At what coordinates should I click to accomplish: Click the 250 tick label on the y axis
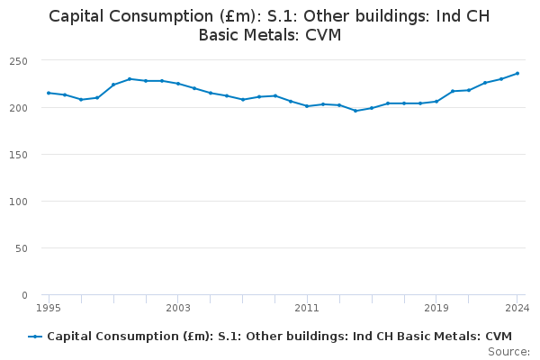(x=18, y=61)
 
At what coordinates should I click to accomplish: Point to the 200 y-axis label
(x=18, y=108)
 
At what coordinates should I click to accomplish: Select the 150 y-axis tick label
(x=18, y=155)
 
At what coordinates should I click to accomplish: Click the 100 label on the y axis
(x=18, y=202)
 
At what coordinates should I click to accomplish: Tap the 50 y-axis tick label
(x=22, y=248)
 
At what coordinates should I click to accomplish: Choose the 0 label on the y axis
(x=24, y=295)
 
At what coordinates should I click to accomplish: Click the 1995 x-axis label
(x=49, y=308)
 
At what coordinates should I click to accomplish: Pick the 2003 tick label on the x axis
(x=177, y=308)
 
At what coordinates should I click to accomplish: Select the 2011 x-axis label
(x=307, y=308)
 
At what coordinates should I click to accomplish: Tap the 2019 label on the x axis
(x=436, y=308)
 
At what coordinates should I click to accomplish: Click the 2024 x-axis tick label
(x=517, y=308)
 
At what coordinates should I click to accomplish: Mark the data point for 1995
(x=49, y=93)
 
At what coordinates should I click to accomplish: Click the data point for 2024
(x=517, y=74)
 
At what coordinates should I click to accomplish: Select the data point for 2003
(x=178, y=84)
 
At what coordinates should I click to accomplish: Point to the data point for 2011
(x=307, y=106)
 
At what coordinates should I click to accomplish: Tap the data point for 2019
(x=436, y=102)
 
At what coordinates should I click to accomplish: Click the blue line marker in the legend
(x=35, y=337)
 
